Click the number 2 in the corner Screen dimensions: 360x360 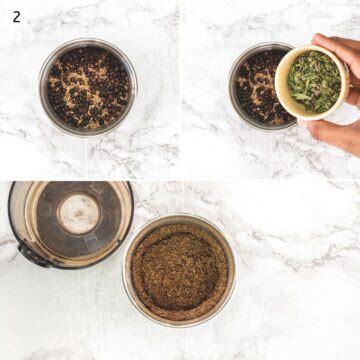pos(16,17)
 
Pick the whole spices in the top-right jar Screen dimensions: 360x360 pos(254,90)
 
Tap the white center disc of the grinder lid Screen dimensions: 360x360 pos(78,212)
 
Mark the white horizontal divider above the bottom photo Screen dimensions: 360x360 pos(180,179)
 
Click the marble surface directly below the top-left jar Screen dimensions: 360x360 pos(88,155)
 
